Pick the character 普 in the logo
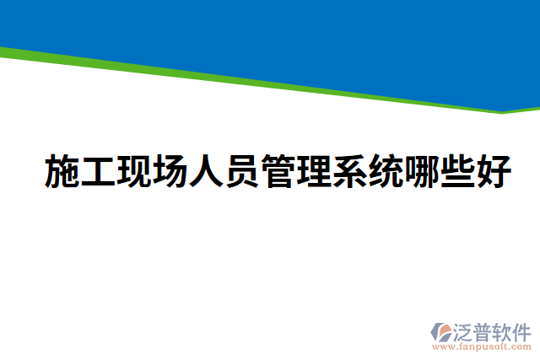[x=486, y=331]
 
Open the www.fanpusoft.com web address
[x=483, y=347]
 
